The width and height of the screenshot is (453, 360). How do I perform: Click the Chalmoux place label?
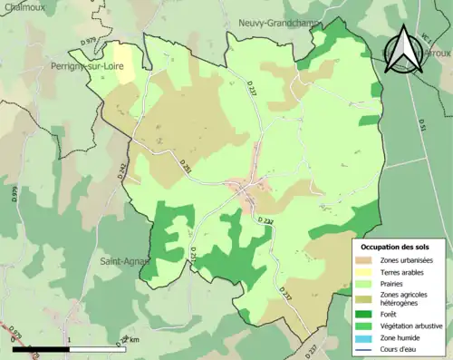(x=22, y=6)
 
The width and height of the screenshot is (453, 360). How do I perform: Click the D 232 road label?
(x=264, y=220)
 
